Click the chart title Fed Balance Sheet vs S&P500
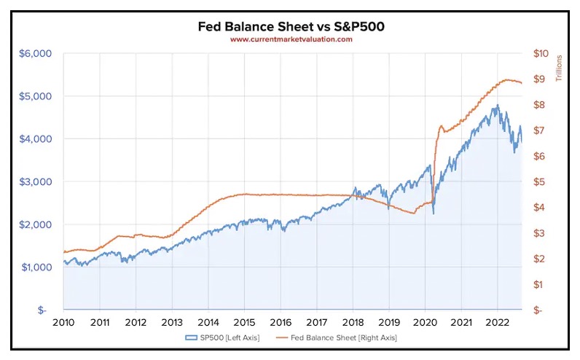point(291,27)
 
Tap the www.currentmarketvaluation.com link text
point(291,39)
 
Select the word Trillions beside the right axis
point(560,68)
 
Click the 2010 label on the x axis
point(63,322)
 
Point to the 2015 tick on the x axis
point(244,322)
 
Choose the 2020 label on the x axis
point(424,322)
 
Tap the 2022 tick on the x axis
point(496,322)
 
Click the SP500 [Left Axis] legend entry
point(216,338)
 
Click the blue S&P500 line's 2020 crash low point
point(434,214)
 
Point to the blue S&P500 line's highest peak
point(496,105)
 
